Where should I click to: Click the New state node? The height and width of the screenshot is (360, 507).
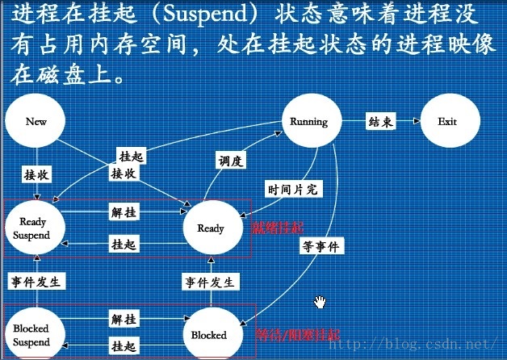click(36, 122)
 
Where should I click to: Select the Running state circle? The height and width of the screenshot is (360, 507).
click(308, 122)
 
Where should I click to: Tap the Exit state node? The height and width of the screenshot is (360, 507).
click(446, 122)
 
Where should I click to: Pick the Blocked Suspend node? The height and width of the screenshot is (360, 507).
click(31, 335)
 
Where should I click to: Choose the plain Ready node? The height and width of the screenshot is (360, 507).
click(211, 228)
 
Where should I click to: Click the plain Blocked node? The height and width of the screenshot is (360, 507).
click(208, 334)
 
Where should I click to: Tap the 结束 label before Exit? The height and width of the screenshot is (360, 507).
click(380, 122)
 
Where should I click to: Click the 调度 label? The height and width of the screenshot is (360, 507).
click(230, 161)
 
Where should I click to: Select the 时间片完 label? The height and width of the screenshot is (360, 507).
click(293, 189)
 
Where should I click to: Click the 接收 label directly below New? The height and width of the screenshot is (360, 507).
click(36, 174)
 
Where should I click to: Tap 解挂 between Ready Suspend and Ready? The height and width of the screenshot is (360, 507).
click(124, 212)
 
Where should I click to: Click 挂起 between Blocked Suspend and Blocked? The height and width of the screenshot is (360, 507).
click(124, 347)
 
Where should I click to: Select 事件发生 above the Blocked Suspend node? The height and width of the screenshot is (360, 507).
click(36, 282)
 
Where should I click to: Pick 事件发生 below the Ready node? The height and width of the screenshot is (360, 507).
click(210, 282)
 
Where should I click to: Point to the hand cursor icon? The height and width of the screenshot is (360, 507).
click(321, 302)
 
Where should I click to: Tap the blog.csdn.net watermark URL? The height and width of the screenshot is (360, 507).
click(428, 344)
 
